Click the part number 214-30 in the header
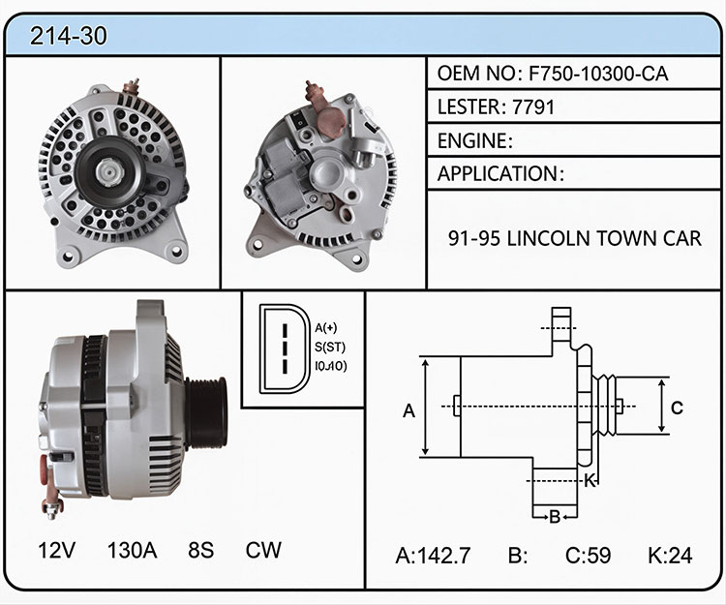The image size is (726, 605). [x=69, y=36]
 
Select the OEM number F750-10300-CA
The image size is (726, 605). [x=598, y=74]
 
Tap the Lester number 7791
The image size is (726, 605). [x=533, y=106]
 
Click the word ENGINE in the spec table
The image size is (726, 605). [x=472, y=140]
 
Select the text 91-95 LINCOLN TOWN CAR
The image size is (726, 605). [x=575, y=238]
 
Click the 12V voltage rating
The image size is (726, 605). [x=56, y=551]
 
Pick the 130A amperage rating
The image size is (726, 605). [x=132, y=551]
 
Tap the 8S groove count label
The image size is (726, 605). [x=201, y=551]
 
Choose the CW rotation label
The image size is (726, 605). [x=263, y=551]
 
